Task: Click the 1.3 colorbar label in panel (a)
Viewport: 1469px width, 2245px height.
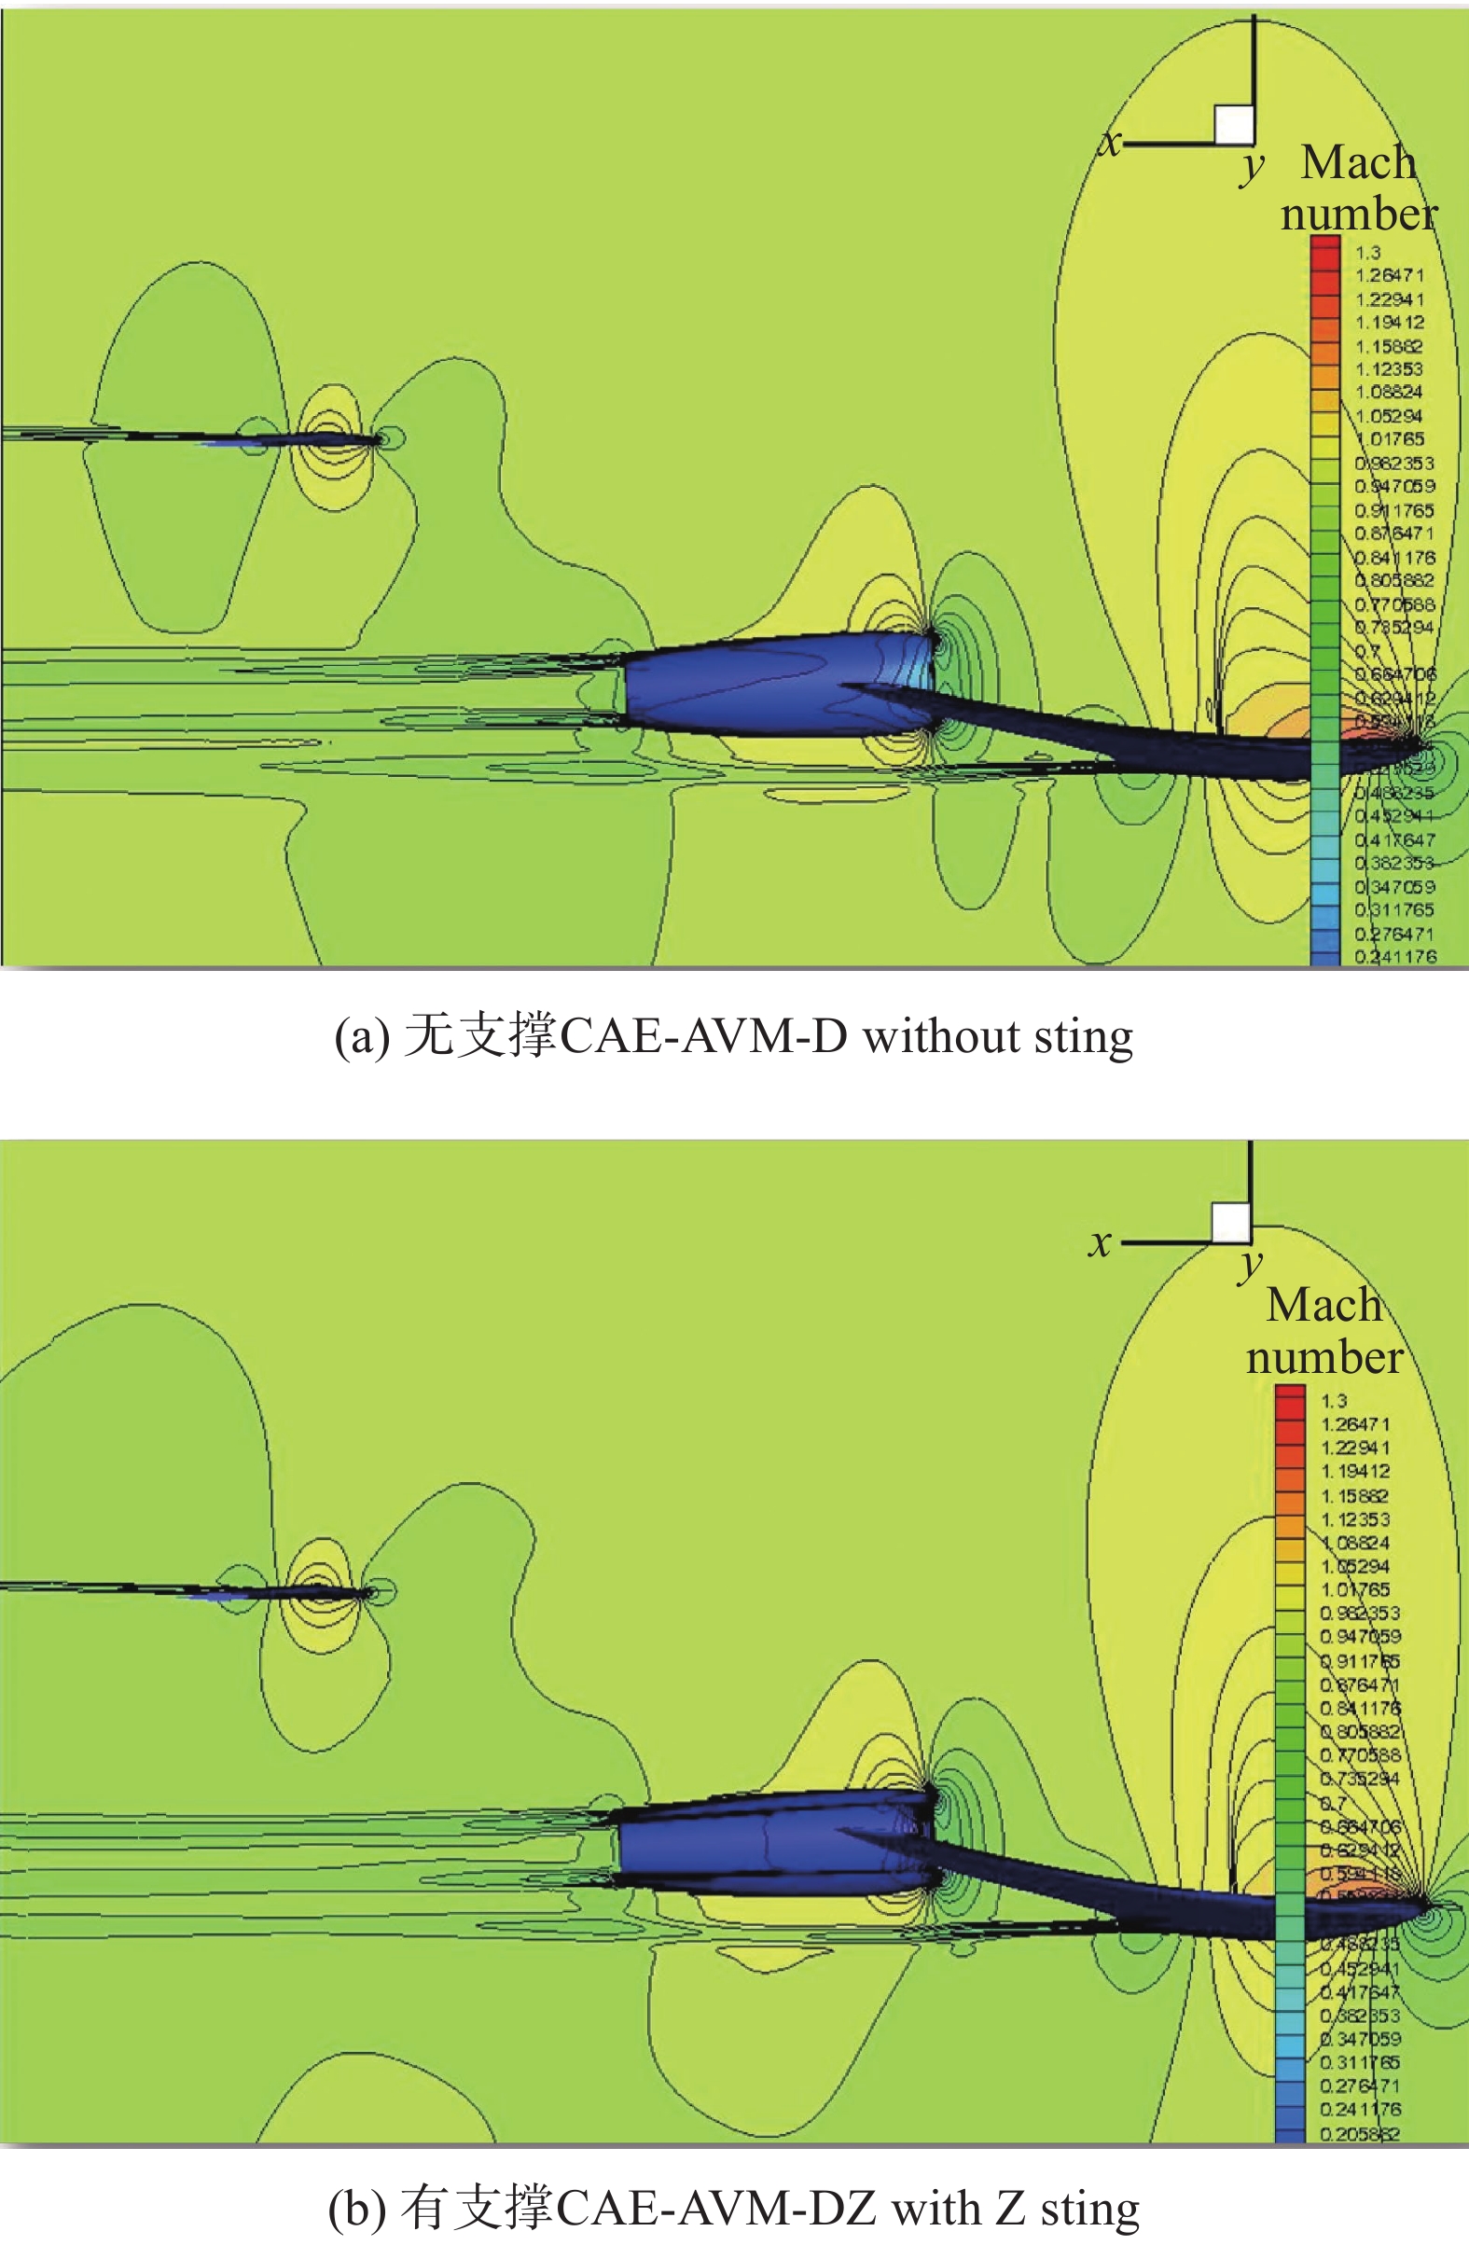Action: pyautogui.click(x=1367, y=253)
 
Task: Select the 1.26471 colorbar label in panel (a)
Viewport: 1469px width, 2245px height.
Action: pyautogui.click(x=1389, y=275)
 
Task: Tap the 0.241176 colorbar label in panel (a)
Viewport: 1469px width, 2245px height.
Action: pyautogui.click(x=1395, y=957)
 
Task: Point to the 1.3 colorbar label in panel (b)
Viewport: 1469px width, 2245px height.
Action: pyautogui.click(x=1333, y=1401)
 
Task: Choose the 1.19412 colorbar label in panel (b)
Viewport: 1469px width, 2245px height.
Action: pyautogui.click(x=1355, y=1471)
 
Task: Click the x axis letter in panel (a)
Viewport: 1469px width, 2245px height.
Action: pyautogui.click(x=1112, y=143)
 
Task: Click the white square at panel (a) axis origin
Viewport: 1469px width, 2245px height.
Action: pyautogui.click(x=1233, y=123)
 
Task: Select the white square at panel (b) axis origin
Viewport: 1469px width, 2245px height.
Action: pyautogui.click(x=1230, y=1223)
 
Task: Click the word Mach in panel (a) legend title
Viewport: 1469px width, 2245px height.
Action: pyautogui.click(x=1359, y=162)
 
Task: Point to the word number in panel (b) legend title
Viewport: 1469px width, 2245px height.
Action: pyautogui.click(x=1323, y=1357)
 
